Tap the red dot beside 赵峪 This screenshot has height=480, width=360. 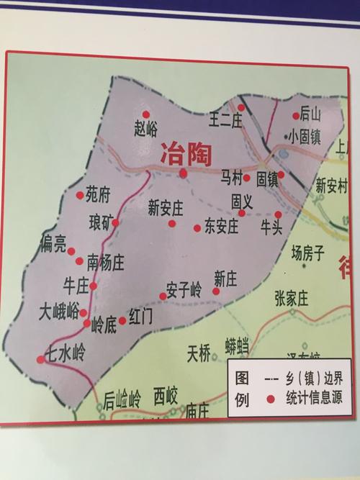(146, 114)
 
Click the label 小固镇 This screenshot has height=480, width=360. (305, 136)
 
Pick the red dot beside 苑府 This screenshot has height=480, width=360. (80, 195)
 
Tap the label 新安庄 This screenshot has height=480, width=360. (166, 207)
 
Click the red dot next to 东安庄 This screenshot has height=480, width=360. (197, 228)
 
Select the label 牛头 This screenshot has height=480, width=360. (271, 228)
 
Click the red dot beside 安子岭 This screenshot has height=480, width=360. (163, 296)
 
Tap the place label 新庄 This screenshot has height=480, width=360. (226, 276)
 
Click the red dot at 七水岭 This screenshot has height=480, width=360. (41, 360)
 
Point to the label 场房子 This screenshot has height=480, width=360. (308, 252)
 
